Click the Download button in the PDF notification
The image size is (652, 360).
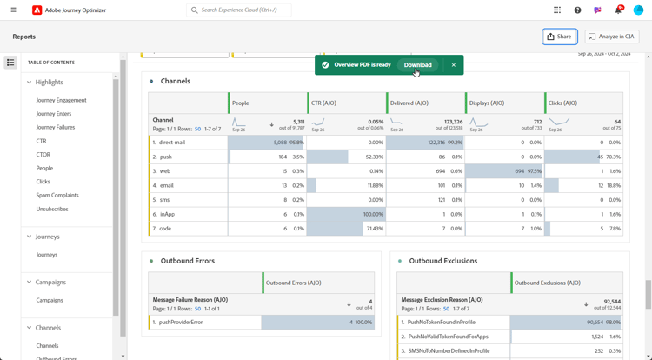coord(417,65)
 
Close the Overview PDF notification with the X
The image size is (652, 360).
coord(453,65)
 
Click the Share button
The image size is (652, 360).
coord(559,37)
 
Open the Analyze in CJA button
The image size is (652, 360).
coord(612,37)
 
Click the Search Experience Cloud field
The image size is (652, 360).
coord(239,10)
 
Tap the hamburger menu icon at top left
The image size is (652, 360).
coord(13,10)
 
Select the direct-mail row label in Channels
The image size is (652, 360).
coord(172,143)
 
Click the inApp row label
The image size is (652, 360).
coord(167,214)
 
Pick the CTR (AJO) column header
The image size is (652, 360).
coord(323,103)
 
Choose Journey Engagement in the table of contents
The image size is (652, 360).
coord(61,100)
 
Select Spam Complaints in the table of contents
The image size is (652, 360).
coord(57,196)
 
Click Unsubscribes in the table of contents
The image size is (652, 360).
coord(52,209)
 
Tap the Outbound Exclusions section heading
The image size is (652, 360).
coord(442,261)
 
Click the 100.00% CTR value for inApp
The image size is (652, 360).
coord(373,214)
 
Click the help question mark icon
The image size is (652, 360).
coord(577,10)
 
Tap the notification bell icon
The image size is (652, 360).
coord(618,10)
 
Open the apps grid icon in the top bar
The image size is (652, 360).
coord(557,10)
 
